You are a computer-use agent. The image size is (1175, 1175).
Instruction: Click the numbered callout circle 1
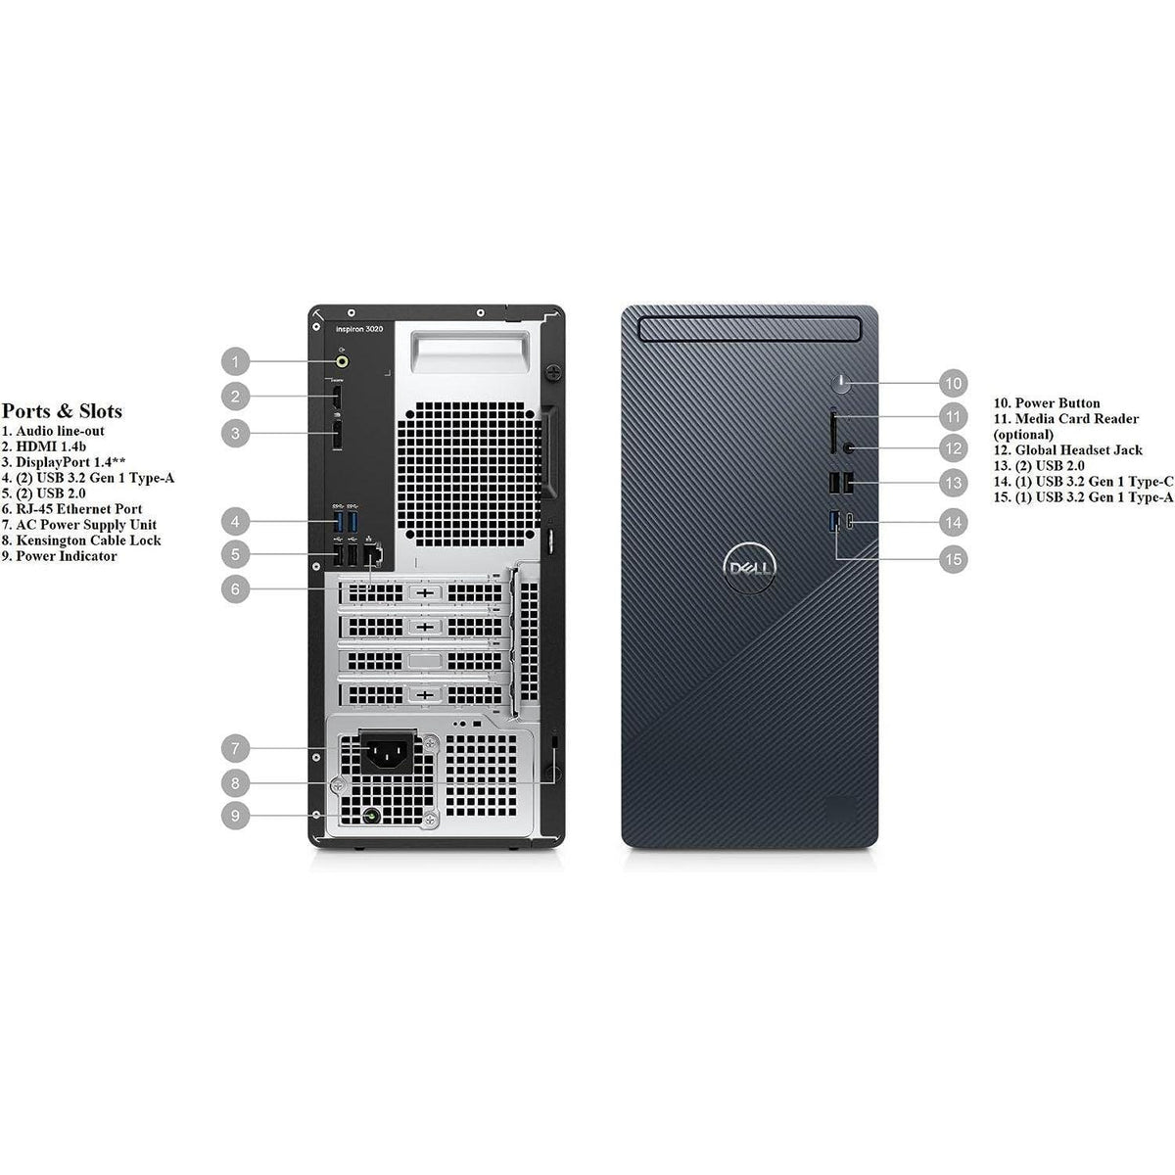[x=235, y=362]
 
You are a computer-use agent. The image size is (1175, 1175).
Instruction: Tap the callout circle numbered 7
[x=235, y=750]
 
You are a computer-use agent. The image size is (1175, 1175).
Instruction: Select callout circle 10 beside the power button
[x=953, y=383]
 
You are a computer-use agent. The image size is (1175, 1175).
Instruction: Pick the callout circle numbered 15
[x=953, y=559]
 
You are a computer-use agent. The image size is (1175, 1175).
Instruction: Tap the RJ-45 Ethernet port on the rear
[x=373, y=555]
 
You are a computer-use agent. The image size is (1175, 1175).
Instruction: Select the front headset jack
[x=849, y=447]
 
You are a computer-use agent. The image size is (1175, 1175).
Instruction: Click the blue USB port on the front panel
[x=834, y=521]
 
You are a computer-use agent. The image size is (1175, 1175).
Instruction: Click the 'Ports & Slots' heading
[x=62, y=411]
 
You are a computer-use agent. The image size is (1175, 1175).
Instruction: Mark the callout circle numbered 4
[x=235, y=520]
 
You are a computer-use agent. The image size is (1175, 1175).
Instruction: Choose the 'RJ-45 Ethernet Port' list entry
[x=78, y=509]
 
